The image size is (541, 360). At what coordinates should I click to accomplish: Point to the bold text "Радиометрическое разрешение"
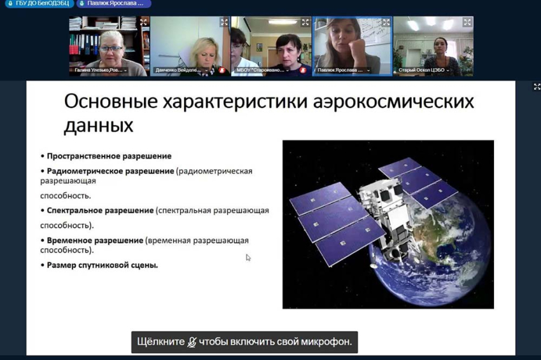(110, 171)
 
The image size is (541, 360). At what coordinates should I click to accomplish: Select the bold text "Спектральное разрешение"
(100, 210)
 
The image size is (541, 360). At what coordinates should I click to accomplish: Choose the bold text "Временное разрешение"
(95, 240)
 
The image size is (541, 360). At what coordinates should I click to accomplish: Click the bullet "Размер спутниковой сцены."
(102, 265)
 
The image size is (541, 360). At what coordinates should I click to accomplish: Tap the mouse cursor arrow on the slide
(248, 257)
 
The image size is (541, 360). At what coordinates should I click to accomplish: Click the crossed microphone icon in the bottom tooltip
(192, 342)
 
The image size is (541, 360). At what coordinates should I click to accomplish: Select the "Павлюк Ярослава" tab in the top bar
(114, 4)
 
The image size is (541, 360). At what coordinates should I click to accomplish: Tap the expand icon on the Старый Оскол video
(467, 22)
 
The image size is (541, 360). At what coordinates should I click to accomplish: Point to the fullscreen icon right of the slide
(537, 87)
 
